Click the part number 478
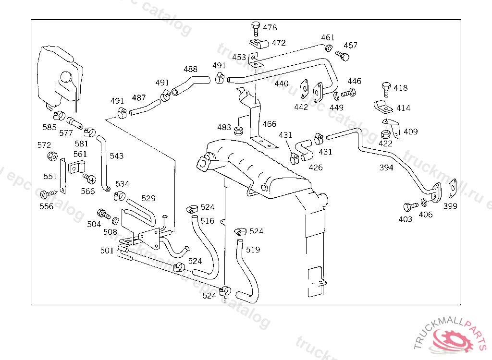click(x=270, y=28)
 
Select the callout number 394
click(x=386, y=168)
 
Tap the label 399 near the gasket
click(x=450, y=206)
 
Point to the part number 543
click(x=116, y=156)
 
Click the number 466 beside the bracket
click(x=270, y=124)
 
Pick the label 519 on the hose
click(x=253, y=250)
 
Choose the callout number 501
click(x=107, y=251)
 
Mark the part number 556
click(x=47, y=206)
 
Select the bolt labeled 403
click(x=410, y=207)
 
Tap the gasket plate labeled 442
click(x=304, y=89)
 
